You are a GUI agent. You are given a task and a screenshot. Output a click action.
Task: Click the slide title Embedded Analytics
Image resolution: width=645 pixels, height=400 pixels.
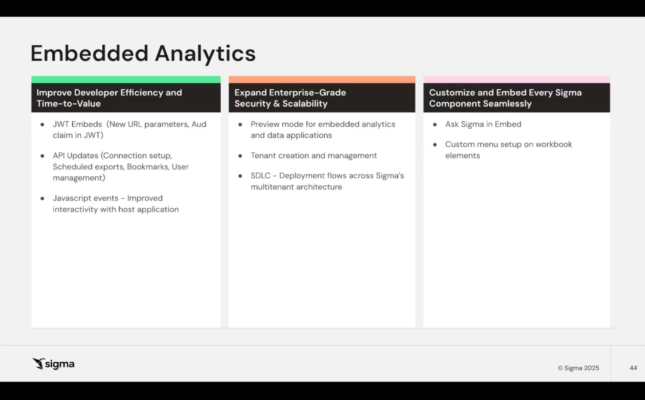click(143, 53)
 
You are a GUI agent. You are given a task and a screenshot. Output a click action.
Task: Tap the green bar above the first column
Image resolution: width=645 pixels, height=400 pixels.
click(126, 79)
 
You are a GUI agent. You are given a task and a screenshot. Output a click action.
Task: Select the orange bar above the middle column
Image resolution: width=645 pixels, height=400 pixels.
click(322, 79)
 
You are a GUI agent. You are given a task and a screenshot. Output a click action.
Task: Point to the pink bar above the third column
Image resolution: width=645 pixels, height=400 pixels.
click(516, 79)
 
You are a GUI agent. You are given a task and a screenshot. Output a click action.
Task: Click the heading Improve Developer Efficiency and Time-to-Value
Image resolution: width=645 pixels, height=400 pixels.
click(109, 98)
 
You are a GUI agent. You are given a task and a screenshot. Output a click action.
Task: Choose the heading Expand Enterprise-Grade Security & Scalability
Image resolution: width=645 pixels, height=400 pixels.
click(290, 98)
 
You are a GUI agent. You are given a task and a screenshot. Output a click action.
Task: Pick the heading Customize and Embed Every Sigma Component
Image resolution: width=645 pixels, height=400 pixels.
click(505, 98)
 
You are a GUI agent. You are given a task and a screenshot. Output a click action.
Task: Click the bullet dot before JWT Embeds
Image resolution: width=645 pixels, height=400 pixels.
click(42, 125)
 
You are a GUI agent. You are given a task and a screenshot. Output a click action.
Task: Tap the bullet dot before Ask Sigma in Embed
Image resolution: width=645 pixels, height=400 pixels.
click(435, 125)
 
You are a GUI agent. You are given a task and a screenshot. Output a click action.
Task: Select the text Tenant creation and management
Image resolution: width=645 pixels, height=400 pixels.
click(314, 156)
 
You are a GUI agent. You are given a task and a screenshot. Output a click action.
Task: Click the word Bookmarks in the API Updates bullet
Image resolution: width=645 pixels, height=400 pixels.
click(148, 167)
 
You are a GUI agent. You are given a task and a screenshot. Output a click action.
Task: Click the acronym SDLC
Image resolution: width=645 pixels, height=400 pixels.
click(260, 176)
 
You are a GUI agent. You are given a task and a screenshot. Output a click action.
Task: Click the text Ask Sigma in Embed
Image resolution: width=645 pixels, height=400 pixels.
click(483, 124)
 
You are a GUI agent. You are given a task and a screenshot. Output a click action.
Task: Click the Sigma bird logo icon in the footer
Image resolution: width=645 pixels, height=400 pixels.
click(39, 364)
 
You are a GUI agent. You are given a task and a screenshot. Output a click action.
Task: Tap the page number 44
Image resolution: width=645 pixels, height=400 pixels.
click(633, 368)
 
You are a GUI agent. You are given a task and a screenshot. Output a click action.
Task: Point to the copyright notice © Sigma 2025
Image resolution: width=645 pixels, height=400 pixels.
click(579, 368)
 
